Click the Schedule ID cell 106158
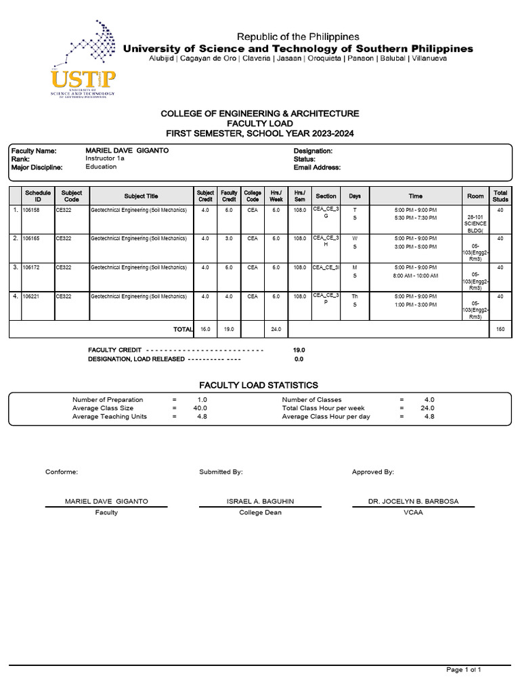tap(32, 210)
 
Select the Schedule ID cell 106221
tap(32, 296)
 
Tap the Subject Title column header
tap(141, 196)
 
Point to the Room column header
tap(475, 196)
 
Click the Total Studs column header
tap(500, 196)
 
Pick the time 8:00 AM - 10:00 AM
tap(415, 275)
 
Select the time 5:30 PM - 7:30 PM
tap(415, 218)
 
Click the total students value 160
tap(500, 329)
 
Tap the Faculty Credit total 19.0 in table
tap(229, 329)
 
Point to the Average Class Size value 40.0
tap(200, 408)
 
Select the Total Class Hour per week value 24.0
tap(428, 408)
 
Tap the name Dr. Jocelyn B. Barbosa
tap(413, 501)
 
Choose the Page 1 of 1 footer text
tap(463, 669)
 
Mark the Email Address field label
tap(317, 167)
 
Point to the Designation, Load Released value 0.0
tap(299, 359)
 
